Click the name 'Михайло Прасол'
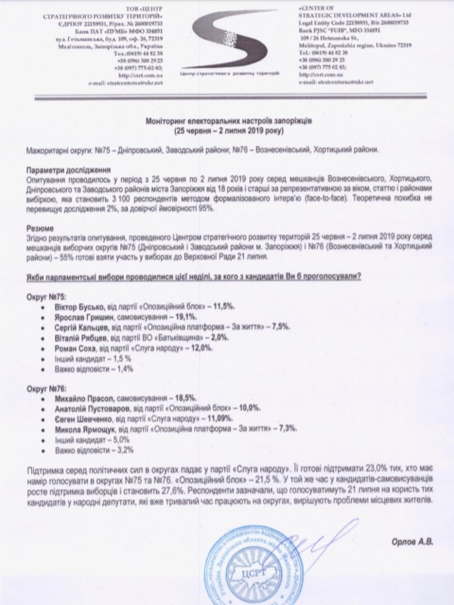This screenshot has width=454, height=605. (x=82, y=399)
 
